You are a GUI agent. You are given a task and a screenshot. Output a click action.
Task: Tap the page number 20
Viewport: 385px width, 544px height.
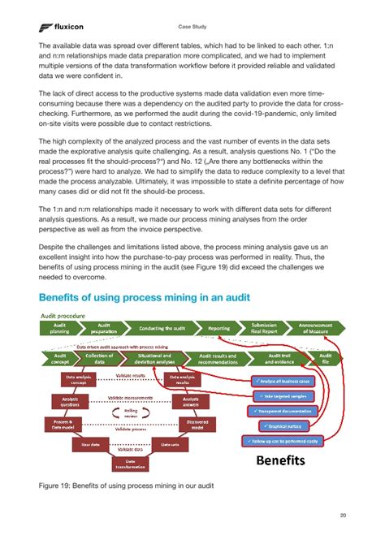344,514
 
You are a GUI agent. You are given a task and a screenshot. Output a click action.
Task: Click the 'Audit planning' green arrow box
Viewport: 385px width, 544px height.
62,328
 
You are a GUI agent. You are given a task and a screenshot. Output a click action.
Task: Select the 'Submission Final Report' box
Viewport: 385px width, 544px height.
265,328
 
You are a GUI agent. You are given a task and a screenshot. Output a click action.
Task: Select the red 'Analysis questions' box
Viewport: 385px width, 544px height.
65,402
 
